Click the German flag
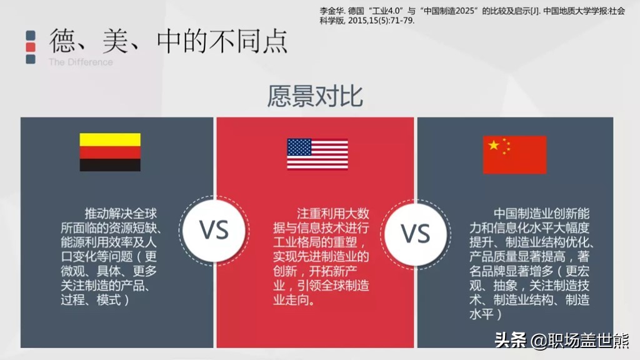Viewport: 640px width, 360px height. click(110, 152)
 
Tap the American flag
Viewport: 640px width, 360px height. click(317, 154)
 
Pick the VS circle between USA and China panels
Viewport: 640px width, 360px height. click(416, 232)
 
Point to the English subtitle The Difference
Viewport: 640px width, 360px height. click(81, 62)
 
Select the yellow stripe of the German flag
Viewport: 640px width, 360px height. click(110, 139)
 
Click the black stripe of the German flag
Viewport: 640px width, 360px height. click(110, 165)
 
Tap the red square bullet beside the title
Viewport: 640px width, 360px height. click(30, 47)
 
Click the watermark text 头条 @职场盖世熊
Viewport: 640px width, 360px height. click(562, 341)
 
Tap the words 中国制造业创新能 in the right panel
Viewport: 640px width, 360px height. click(541, 212)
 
